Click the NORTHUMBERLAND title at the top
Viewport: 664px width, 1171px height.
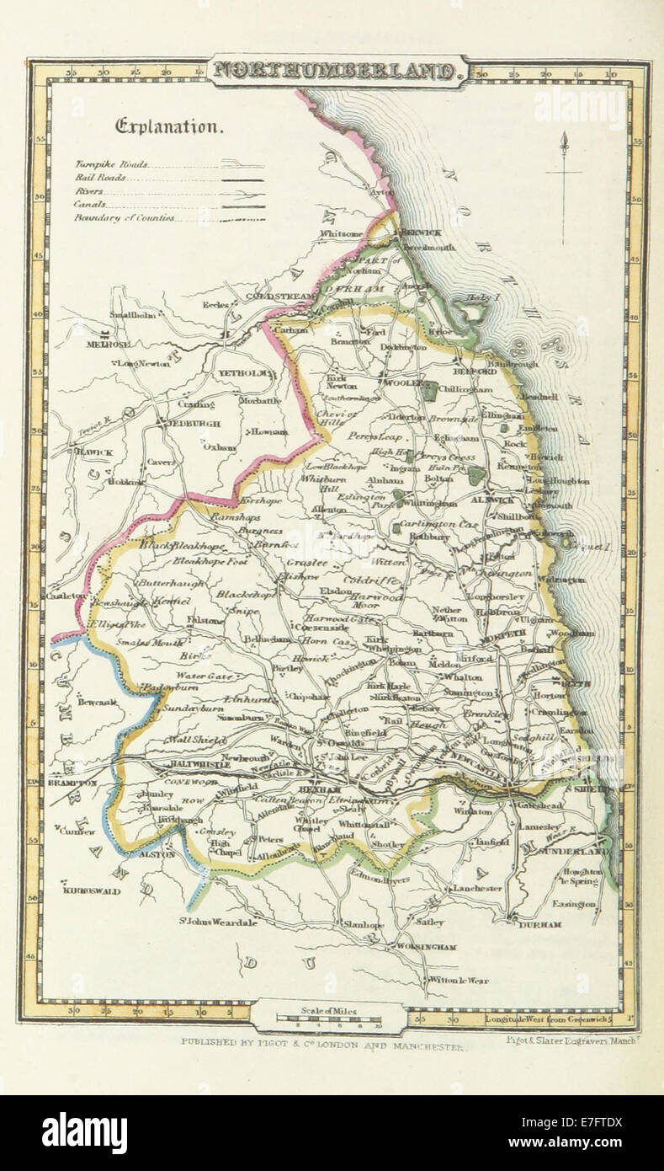337,71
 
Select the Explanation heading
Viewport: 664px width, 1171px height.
169,127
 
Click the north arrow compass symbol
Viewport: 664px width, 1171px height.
563,168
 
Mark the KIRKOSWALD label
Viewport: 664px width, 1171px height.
92,890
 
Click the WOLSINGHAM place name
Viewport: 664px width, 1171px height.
425,947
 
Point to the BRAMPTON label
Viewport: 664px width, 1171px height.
72,783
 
